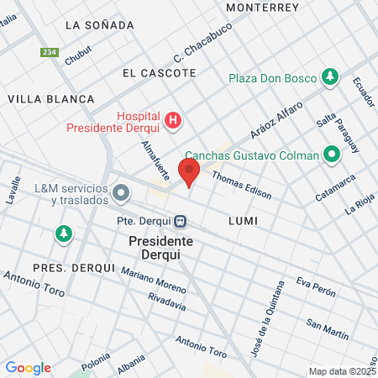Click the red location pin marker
[189, 171]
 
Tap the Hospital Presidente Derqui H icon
[173, 121]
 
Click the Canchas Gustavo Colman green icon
[332, 155]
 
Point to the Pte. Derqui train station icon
[180, 222]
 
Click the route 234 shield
[50, 52]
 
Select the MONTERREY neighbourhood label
[263, 7]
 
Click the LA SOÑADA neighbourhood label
[98, 25]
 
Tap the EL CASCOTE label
[159, 73]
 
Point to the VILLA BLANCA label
[51, 99]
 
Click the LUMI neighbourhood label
[242, 220]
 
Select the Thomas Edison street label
[242, 185]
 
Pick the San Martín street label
[327, 329]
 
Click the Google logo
[28, 368]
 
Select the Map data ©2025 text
[340, 371]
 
